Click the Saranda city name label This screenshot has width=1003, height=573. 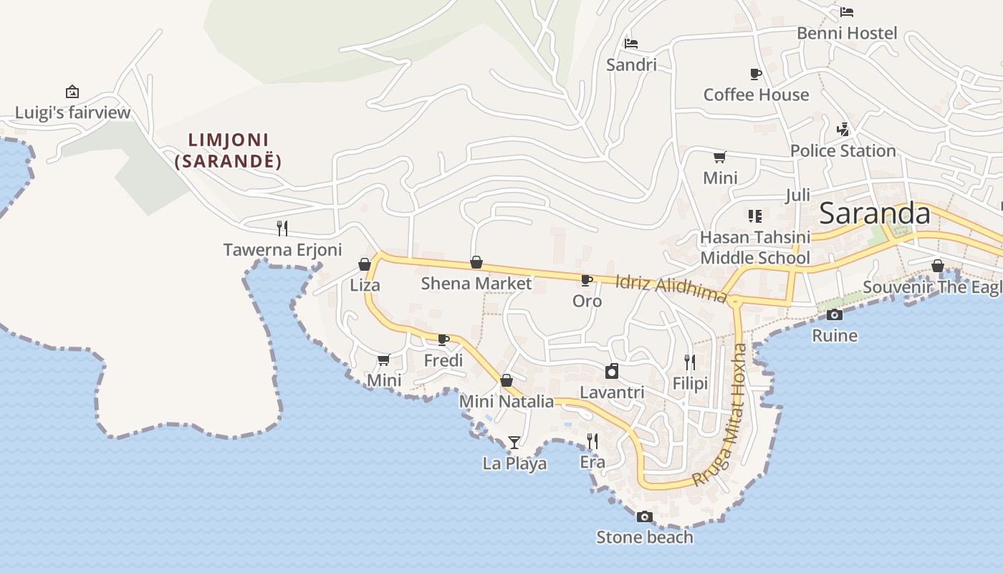tap(874, 213)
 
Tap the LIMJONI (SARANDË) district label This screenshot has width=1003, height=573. tap(229, 150)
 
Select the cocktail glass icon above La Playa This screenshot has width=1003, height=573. tap(514, 442)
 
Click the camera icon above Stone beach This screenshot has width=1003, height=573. tap(645, 516)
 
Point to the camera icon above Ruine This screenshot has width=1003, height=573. tap(834, 314)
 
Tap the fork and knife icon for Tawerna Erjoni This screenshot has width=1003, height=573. tap(282, 228)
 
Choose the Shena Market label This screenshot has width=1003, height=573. tap(476, 284)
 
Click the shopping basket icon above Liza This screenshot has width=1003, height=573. tap(365, 264)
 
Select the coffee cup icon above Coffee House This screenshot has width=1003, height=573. tap(755, 74)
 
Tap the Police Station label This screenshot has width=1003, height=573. tap(843, 151)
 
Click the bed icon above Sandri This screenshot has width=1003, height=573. tap(630, 44)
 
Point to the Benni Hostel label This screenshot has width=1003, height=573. tap(847, 34)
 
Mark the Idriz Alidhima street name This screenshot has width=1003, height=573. tap(671, 288)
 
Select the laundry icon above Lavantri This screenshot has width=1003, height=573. tap(612, 371)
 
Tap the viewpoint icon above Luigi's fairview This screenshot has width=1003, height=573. tap(72, 92)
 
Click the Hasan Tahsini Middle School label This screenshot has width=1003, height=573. tap(755, 247)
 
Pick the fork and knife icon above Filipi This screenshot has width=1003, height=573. tap(690, 362)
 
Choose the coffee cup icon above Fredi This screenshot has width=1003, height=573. tap(443, 340)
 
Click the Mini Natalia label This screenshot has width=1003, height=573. tap(507, 402)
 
